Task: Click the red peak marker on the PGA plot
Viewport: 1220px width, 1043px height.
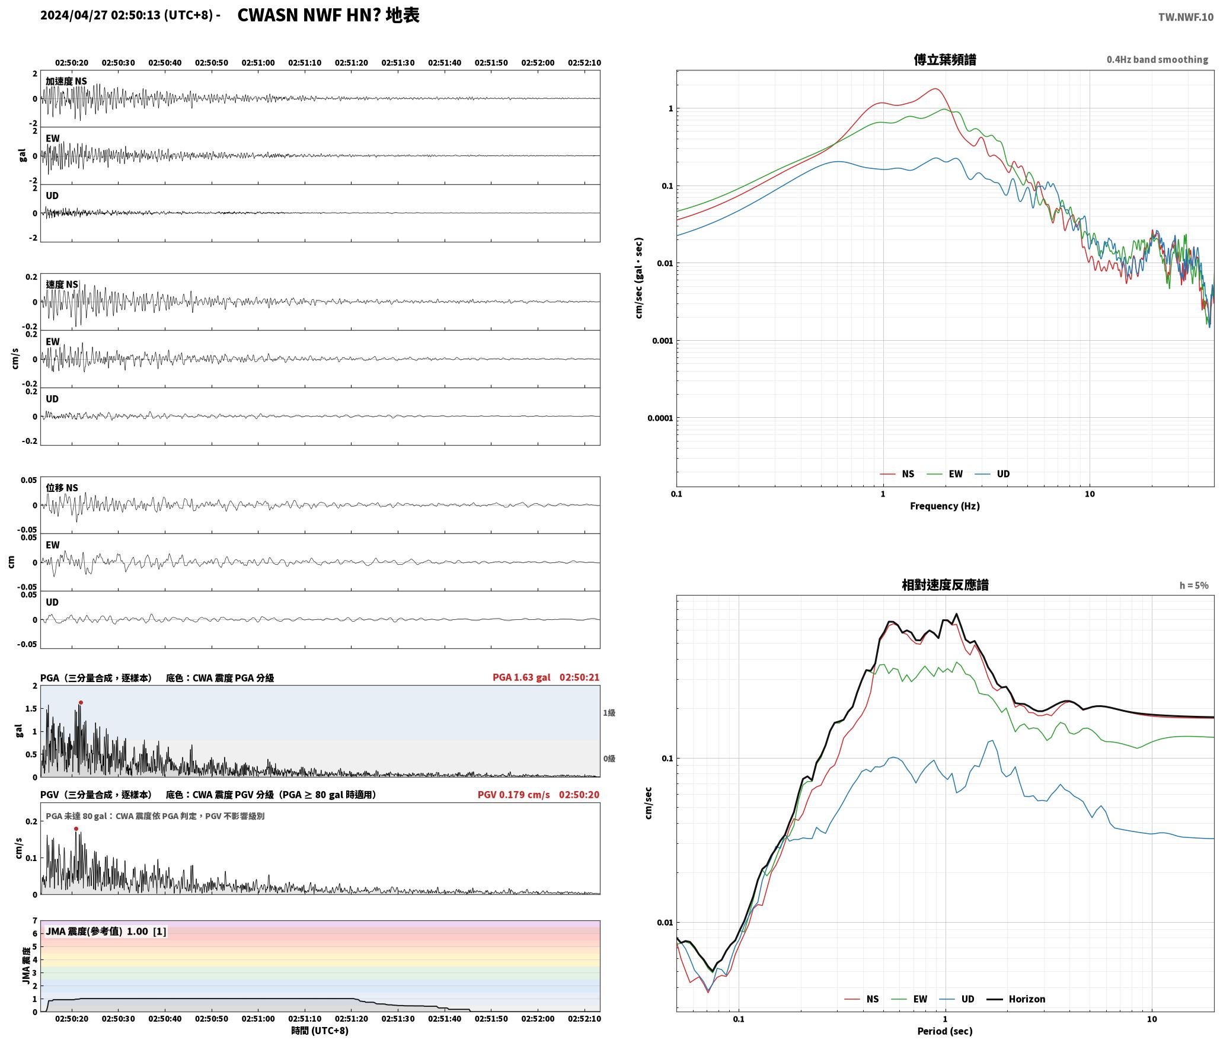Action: click(81, 703)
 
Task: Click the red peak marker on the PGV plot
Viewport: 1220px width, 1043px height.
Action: click(76, 829)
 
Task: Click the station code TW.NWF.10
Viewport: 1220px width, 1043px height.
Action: click(1186, 17)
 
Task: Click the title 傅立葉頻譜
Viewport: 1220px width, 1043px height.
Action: click(945, 60)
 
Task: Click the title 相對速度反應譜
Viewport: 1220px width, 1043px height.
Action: click(945, 585)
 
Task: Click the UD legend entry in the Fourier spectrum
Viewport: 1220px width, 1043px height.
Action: click(992, 474)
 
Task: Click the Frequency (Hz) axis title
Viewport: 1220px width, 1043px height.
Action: click(945, 506)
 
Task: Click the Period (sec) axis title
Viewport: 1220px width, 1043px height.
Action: click(945, 1031)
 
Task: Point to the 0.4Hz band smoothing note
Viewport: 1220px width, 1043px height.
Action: click(1157, 60)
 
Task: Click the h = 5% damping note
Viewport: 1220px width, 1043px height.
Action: click(1194, 586)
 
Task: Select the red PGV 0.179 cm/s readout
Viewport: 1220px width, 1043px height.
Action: click(513, 795)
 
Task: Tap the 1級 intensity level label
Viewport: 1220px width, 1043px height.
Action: click(609, 713)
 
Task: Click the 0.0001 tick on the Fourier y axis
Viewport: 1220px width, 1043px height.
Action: click(660, 418)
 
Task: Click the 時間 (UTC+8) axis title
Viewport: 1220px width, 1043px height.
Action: click(320, 1031)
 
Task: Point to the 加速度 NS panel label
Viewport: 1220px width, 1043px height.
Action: click(66, 81)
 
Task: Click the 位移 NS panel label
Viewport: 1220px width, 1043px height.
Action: click(62, 488)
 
